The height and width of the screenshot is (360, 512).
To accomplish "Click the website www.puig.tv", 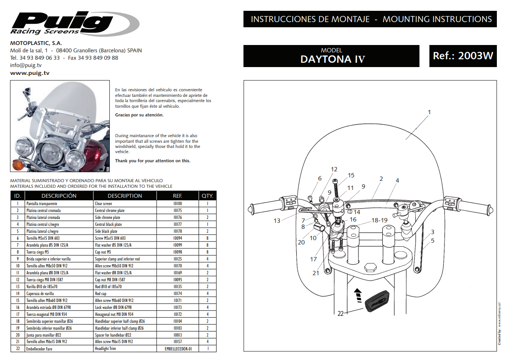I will click(29, 73).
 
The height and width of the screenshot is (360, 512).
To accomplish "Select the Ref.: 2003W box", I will click(463, 56).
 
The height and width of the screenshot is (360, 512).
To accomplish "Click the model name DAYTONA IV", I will click(332, 59).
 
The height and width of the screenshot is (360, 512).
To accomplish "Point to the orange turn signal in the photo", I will click(19, 165).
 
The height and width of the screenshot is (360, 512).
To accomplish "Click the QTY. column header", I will click(207, 196).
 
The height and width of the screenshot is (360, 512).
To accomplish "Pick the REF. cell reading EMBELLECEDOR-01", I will click(177, 349).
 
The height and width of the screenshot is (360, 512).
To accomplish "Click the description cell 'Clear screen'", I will click(103, 203).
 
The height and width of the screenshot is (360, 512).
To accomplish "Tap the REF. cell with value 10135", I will click(177, 286).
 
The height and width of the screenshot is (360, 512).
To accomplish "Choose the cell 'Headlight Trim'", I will click(106, 349).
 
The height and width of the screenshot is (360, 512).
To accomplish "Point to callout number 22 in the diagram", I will click(340, 313).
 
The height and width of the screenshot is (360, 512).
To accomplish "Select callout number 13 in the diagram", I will click(277, 221).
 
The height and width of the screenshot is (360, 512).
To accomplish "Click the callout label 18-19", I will click(379, 220).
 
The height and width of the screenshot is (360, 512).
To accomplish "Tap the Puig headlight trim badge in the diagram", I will click(378, 302).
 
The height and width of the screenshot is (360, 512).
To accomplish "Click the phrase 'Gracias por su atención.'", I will click(139, 115).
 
